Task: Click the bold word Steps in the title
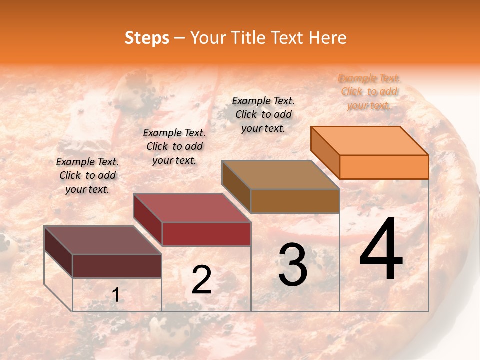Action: (147, 38)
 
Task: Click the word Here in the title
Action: (327, 38)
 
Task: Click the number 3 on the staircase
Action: (292, 265)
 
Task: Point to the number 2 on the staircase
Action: (201, 280)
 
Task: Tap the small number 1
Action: (115, 295)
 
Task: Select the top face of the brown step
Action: (280, 175)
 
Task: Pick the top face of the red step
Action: (191, 208)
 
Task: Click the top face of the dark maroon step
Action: (102, 240)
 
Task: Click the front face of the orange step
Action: (384, 167)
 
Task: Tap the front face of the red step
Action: (206, 234)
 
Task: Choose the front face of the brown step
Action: (295, 201)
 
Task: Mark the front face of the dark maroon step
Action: (117, 266)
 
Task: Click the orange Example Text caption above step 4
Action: (369, 91)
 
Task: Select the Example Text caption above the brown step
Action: (263, 114)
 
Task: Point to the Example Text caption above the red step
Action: (174, 146)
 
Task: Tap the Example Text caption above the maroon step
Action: (87, 175)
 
